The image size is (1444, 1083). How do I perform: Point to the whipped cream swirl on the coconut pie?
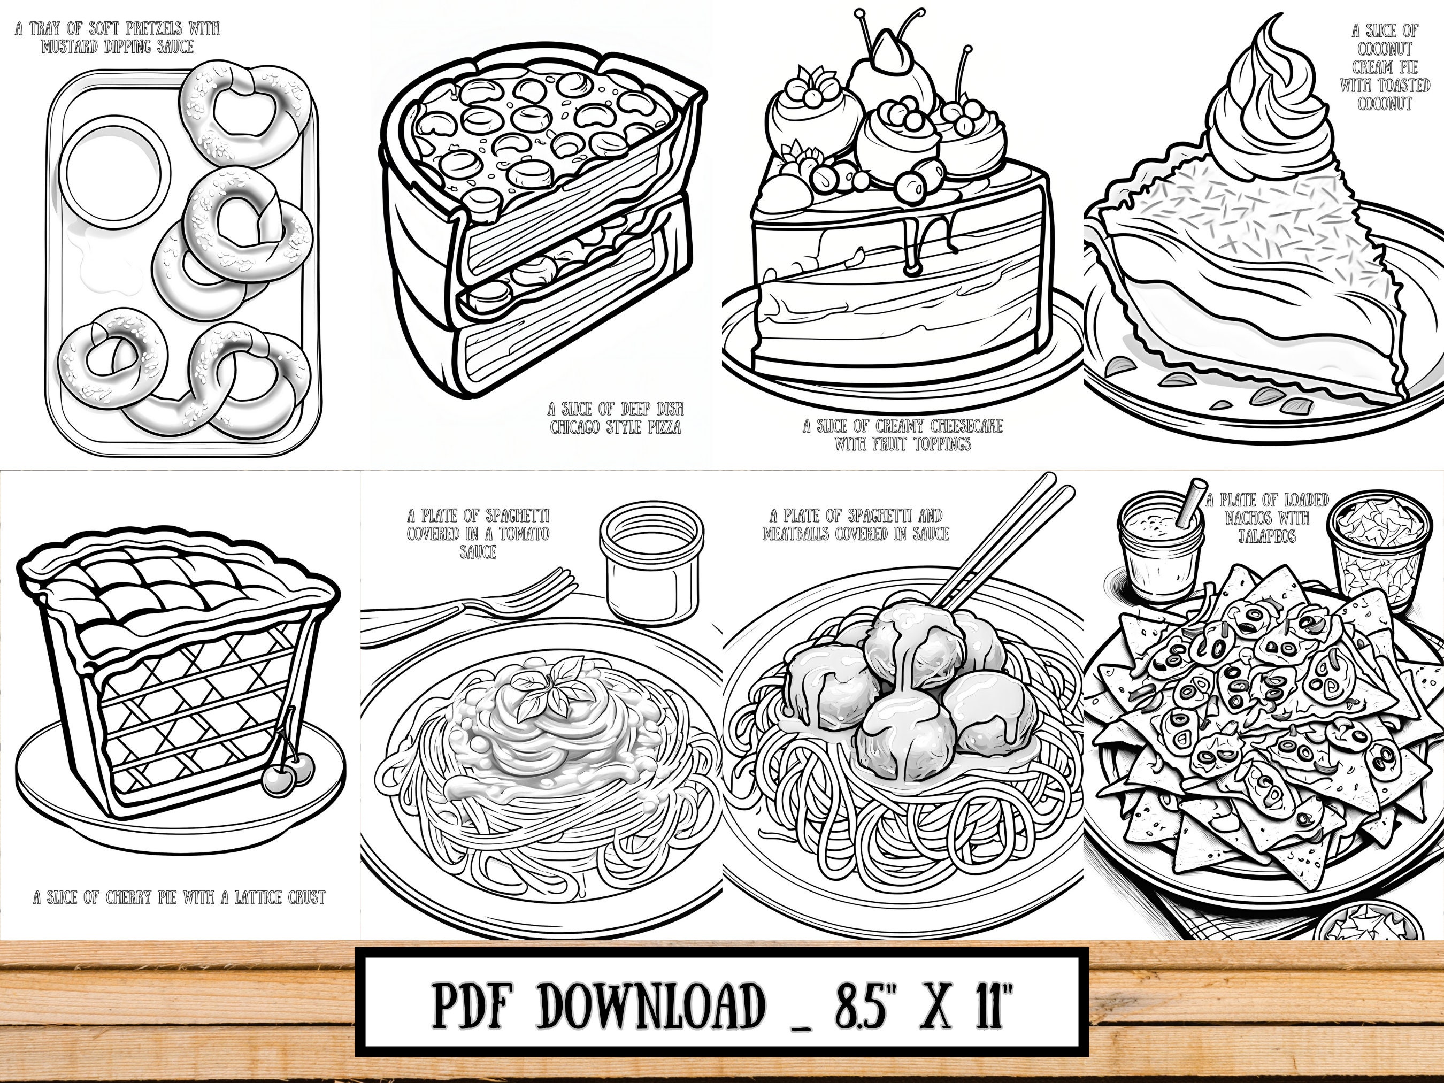1257,98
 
